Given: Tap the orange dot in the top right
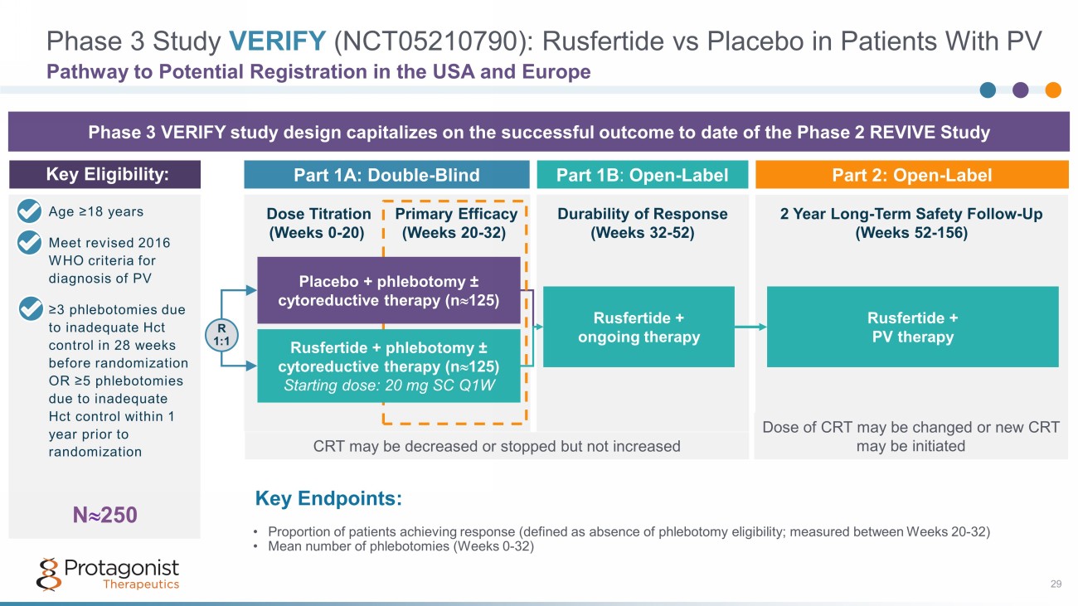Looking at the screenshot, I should click(x=1053, y=90).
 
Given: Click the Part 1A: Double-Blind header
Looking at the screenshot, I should click(x=386, y=175).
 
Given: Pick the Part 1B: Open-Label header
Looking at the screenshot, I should click(x=642, y=175).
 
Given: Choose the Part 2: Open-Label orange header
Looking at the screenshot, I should click(x=912, y=175).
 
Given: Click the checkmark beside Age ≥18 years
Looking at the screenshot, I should click(x=29, y=212).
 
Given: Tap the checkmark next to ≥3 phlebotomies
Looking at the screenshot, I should click(x=29, y=310).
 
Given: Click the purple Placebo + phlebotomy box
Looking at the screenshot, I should click(x=388, y=290).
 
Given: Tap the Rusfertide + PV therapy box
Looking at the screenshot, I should click(x=912, y=327).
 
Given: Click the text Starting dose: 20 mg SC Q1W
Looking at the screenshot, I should click(x=389, y=385).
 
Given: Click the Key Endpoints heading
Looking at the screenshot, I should click(x=329, y=498).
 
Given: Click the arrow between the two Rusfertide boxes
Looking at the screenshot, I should click(x=750, y=327).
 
